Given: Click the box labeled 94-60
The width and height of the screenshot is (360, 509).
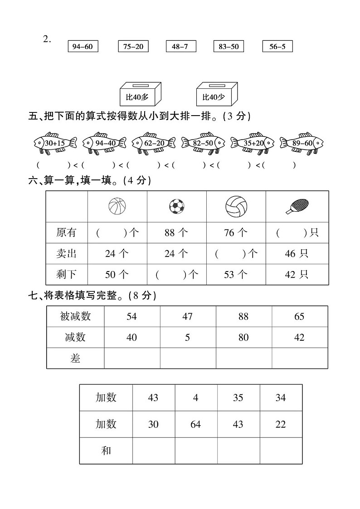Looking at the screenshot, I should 83,47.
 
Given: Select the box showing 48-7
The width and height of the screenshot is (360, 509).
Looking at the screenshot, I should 180,47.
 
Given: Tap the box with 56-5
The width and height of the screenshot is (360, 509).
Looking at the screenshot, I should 277,47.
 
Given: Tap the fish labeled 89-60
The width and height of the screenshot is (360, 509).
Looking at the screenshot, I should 302,143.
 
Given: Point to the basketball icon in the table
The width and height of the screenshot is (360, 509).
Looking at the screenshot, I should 117,206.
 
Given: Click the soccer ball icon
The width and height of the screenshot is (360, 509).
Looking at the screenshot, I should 176,207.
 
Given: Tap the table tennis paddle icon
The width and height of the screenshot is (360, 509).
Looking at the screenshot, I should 297,207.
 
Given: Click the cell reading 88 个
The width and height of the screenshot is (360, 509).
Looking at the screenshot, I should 176,233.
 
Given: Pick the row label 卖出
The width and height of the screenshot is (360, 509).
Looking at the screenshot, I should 66,254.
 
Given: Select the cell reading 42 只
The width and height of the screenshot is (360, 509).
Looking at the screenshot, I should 297,274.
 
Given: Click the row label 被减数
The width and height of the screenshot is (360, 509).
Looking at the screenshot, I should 75,316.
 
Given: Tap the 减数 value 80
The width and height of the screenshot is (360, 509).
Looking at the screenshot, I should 243,338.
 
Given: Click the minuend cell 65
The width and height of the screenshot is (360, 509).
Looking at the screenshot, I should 299,316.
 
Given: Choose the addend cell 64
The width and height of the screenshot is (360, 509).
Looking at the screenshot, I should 195,424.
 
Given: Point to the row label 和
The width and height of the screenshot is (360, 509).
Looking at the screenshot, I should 106,451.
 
